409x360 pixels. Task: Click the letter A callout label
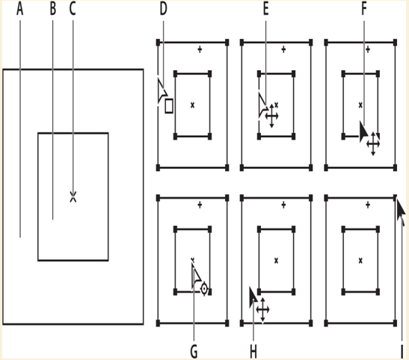click(x=20, y=9)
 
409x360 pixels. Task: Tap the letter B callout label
click(x=53, y=9)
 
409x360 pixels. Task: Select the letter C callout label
click(x=73, y=9)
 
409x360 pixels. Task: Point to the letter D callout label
click(x=163, y=9)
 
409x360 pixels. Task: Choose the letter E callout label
click(x=265, y=9)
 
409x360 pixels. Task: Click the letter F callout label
click(x=364, y=9)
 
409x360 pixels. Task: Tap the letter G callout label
click(x=194, y=352)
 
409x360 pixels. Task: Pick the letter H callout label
click(x=253, y=352)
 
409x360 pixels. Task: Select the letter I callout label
click(x=402, y=352)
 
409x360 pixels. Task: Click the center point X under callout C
click(x=73, y=197)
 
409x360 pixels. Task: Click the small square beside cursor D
click(x=169, y=106)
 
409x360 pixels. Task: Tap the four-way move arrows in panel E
click(x=272, y=116)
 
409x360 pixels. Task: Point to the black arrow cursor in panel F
click(x=363, y=131)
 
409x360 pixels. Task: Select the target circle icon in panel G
click(x=204, y=289)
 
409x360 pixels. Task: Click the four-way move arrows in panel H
click(x=262, y=310)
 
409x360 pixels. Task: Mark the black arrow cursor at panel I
click(x=401, y=211)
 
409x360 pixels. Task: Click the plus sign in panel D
click(x=200, y=49)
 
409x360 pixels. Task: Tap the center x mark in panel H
click(x=276, y=261)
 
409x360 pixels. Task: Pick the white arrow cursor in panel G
click(x=196, y=276)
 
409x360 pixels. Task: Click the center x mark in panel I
click(x=360, y=261)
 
